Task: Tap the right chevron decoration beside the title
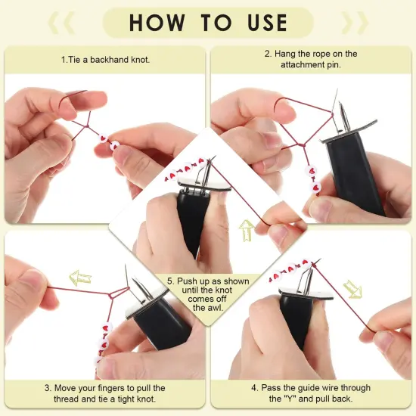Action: pyautogui.click(x=353, y=23)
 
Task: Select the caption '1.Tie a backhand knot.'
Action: pyautogui.click(x=105, y=59)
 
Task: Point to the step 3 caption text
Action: pyautogui.click(x=105, y=393)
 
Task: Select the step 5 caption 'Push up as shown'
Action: pyautogui.click(x=209, y=281)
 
